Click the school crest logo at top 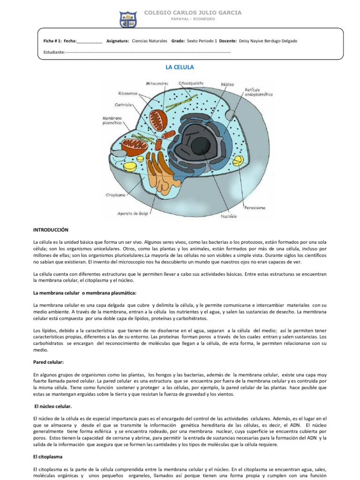pyautogui.click(x=128, y=17)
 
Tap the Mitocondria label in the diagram pyautogui.click(x=157, y=83)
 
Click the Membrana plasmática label pyautogui.click(x=112, y=120)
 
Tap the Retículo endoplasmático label pyautogui.click(x=259, y=92)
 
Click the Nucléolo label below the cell pyautogui.click(x=229, y=217)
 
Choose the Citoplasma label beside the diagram pyautogui.click(x=114, y=194)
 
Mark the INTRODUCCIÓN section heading pyautogui.click(x=51, y=230)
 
